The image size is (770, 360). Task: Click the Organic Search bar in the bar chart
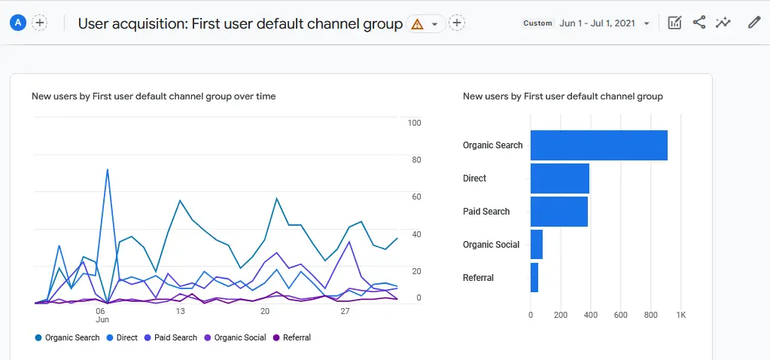point(598,145)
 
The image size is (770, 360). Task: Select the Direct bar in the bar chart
point(559,178)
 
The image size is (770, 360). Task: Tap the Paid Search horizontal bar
point(558,212)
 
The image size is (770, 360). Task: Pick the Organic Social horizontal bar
point(536,245)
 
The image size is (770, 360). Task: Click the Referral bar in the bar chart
point(534,278)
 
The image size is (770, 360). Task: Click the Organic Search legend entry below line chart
point(67,337)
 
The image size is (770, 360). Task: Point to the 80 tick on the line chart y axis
point(415,160)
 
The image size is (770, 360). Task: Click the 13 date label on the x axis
point(180,311)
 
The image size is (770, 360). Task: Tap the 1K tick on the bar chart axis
point(680,315)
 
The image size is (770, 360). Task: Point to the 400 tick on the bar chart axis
point(591,315)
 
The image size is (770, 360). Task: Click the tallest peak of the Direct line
point(108,169)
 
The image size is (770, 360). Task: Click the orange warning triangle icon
point(417,24)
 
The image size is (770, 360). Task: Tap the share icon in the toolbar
point(699,23)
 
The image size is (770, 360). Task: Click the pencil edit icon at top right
point(753,23)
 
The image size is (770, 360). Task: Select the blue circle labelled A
point(19,23)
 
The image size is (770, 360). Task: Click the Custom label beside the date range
point(537,23)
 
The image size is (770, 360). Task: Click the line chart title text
point(154,96)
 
